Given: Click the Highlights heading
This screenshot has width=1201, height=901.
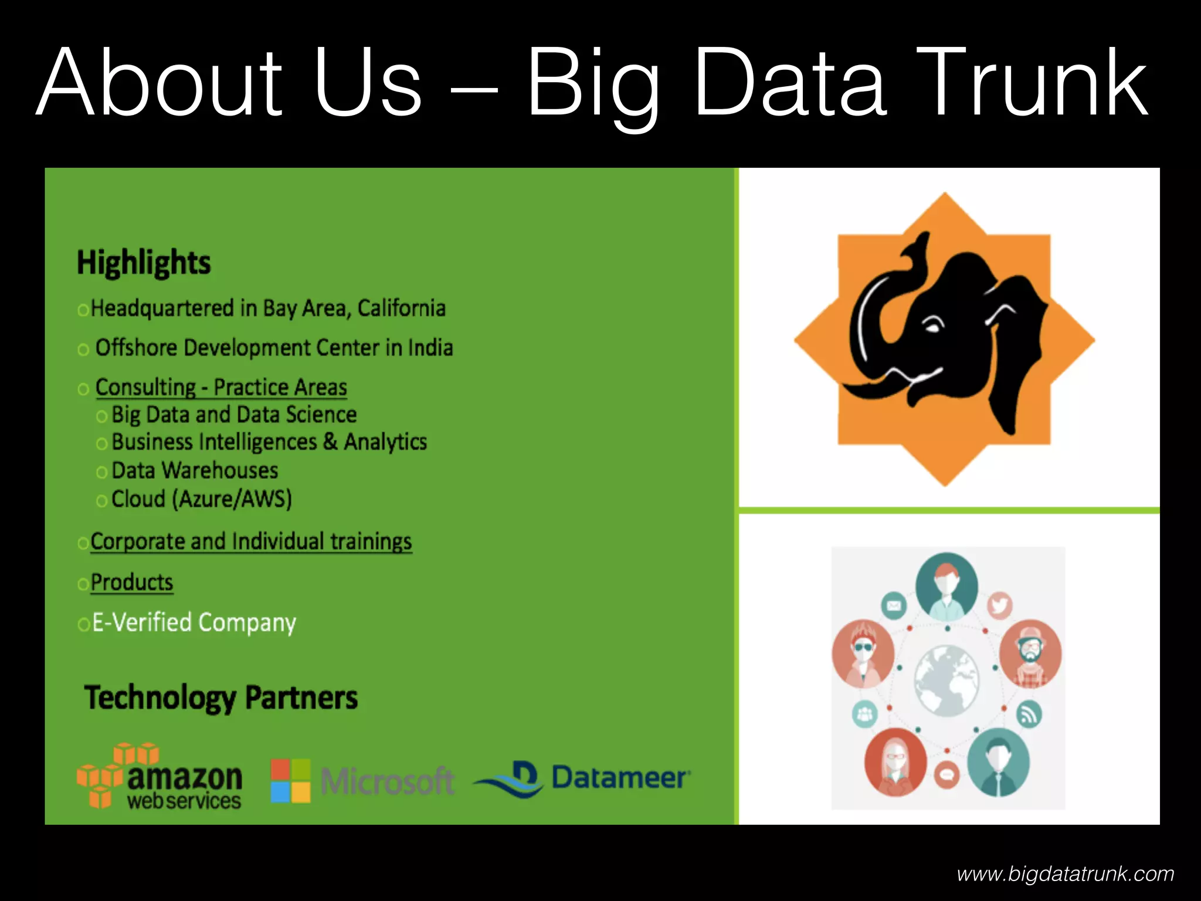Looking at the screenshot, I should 144,262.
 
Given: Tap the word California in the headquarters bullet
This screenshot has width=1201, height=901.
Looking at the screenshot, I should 402,308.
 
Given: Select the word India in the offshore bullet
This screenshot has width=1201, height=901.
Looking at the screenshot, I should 430,348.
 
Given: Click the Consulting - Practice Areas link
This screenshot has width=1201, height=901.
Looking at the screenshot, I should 221,387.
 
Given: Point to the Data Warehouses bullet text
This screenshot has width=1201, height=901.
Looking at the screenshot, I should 195,470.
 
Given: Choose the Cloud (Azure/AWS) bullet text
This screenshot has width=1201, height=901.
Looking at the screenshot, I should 202,499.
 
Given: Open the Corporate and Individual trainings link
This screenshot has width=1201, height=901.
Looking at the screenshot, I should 251,541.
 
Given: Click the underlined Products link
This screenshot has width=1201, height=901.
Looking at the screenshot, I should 132,582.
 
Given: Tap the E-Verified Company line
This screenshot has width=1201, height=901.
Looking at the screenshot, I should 194,622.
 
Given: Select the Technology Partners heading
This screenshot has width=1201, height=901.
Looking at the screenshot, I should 221,698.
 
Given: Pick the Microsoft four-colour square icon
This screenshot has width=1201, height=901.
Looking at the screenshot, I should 290,781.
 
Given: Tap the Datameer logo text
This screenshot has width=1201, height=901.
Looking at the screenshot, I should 620,778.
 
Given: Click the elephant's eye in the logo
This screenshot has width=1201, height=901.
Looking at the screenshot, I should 932,326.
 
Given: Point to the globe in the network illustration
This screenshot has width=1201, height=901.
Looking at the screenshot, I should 946,680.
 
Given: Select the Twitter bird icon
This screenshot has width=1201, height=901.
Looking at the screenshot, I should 999,605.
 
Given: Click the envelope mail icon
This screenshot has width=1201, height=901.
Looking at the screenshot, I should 894,605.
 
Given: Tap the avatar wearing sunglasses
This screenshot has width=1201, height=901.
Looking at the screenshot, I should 863,653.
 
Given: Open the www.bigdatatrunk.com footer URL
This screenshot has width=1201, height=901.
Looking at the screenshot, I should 1066,874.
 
